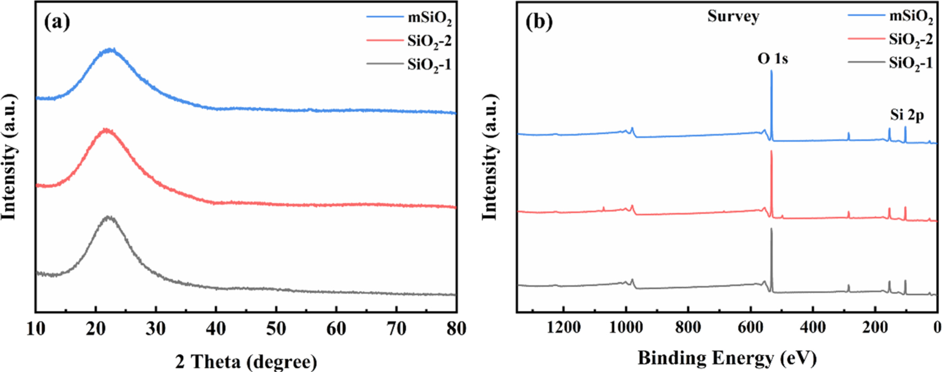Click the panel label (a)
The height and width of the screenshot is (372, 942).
(57, 22)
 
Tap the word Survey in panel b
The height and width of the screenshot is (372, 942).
(733, 16)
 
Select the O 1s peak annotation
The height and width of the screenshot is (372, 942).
(772, 59)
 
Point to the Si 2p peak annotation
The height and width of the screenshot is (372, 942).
(907, 115)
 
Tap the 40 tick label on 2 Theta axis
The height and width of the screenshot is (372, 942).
(216, 328)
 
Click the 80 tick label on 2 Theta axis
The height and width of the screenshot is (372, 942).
(456, 328)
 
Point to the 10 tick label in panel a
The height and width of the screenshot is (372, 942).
(36, 328)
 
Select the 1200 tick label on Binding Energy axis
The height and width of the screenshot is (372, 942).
(564, 327)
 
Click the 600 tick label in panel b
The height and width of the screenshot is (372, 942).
(750, 327)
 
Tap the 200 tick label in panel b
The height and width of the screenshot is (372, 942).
(875, 327)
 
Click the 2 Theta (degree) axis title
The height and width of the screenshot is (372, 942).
(245, 361)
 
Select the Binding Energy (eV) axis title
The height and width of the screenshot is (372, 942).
(727, 358)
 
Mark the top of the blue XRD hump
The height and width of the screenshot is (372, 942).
(110, 49)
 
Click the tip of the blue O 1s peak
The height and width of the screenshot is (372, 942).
(771, 71)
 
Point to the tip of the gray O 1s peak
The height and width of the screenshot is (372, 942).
(771, 229)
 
